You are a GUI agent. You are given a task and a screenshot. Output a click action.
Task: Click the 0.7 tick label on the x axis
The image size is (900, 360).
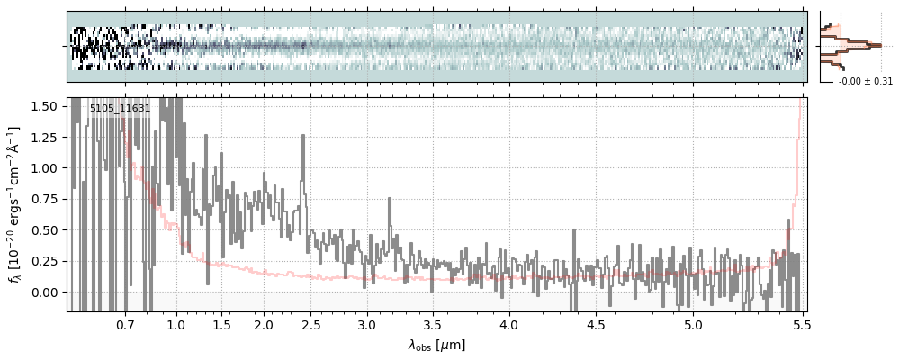[x=125, y=324]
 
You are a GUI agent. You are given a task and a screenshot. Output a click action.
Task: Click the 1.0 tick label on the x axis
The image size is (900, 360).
[x=176, y=324]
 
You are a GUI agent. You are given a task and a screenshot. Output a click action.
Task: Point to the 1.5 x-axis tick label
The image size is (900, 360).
[x=221, y=324]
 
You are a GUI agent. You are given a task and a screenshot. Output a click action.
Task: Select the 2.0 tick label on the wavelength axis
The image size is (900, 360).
[x=264, y=324]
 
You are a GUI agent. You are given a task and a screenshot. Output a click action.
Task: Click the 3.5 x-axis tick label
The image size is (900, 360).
[x=433, y=324]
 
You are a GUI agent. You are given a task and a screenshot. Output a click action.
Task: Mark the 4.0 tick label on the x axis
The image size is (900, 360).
[x=509, y=324]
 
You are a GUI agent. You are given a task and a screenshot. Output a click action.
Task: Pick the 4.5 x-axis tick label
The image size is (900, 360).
[x=597, y=324]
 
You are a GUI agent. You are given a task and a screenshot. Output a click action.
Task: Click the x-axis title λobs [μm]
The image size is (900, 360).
[x=436, y=344]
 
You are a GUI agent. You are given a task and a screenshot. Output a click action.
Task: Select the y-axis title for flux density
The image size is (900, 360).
[x=15, y=205]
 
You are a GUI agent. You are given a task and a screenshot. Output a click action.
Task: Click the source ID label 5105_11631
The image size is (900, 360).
[x=120, y=108]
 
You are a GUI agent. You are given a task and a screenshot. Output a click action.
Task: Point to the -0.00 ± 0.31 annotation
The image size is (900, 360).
[x=865, y=81]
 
